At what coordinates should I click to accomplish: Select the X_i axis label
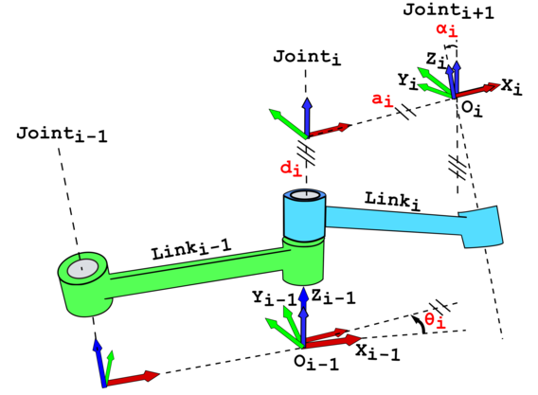point(511,86)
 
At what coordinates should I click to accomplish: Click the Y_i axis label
point(407,82)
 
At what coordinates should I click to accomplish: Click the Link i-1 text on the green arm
point(190,252)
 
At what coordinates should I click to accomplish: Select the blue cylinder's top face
point(304,196)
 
